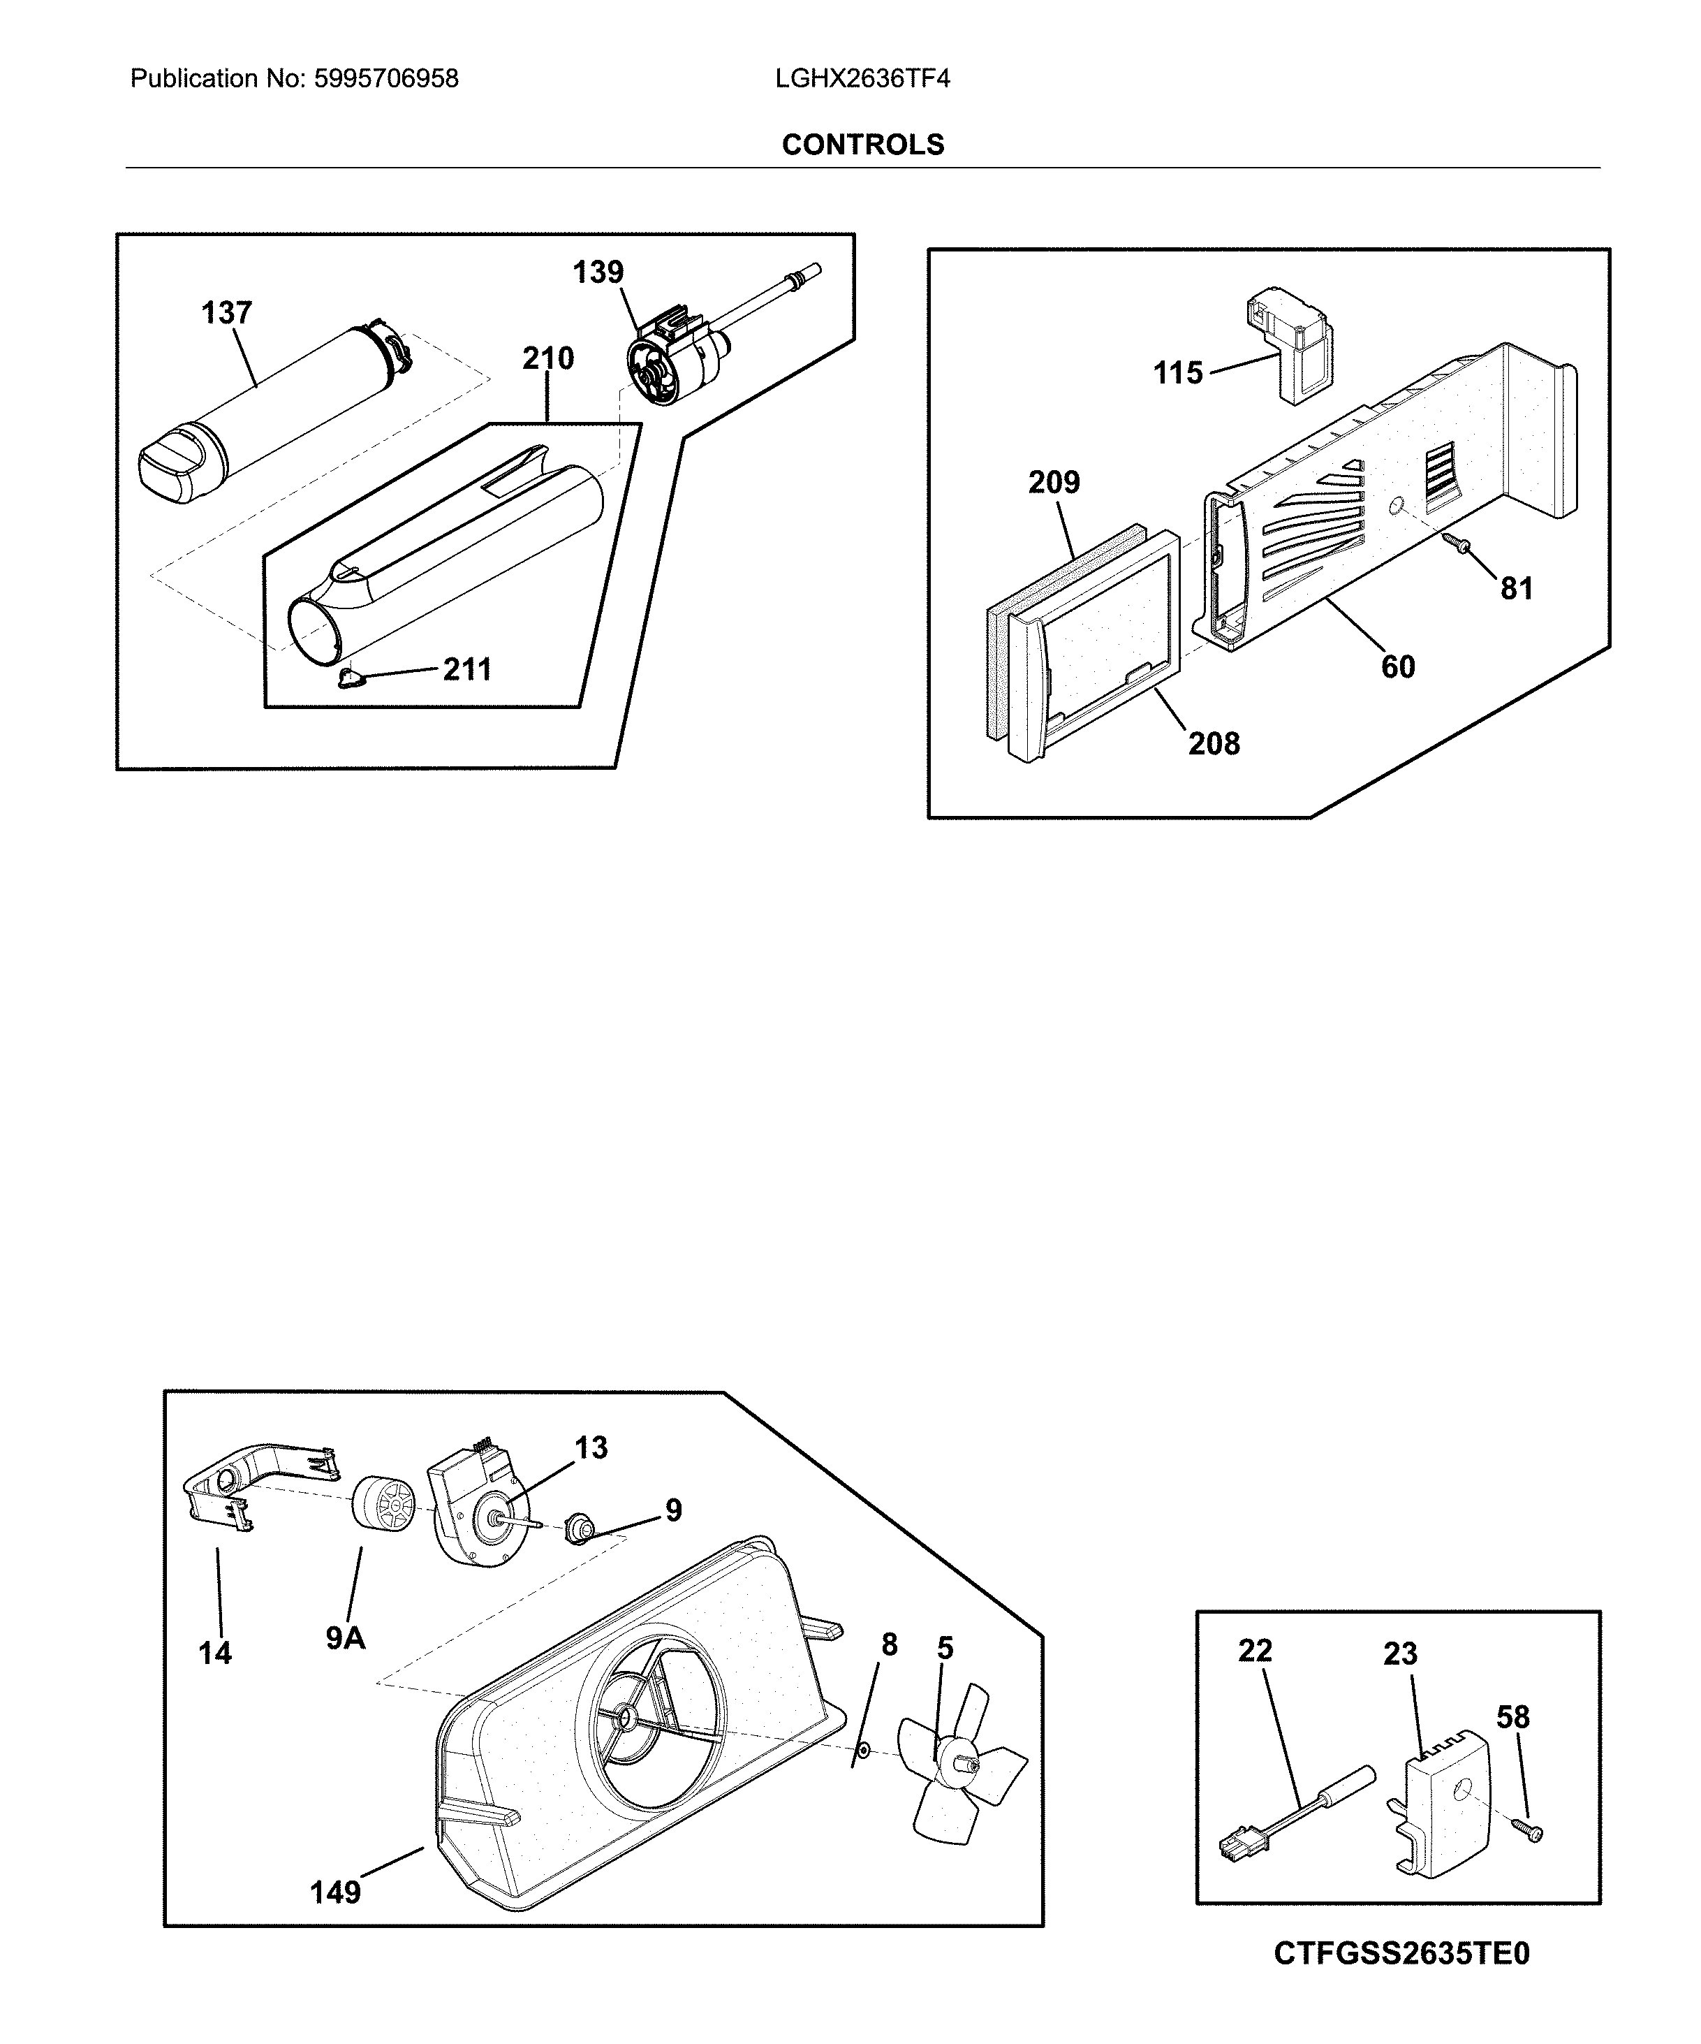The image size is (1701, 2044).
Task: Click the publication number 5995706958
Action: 385,79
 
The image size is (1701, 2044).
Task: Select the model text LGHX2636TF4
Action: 862,79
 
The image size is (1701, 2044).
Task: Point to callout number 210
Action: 548,358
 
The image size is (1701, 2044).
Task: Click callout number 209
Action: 1054,482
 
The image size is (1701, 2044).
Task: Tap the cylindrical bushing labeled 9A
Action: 381,1508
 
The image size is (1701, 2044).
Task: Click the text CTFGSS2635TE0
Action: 1401,1980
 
